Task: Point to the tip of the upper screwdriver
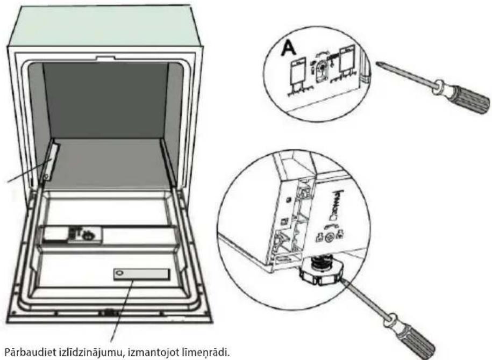(377, 63)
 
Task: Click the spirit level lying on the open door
(141, 275)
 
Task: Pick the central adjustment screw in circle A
(320, 69)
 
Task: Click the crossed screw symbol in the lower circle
(329, 237)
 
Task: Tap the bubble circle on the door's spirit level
(118, 273)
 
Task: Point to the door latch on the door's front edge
(109, 313)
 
